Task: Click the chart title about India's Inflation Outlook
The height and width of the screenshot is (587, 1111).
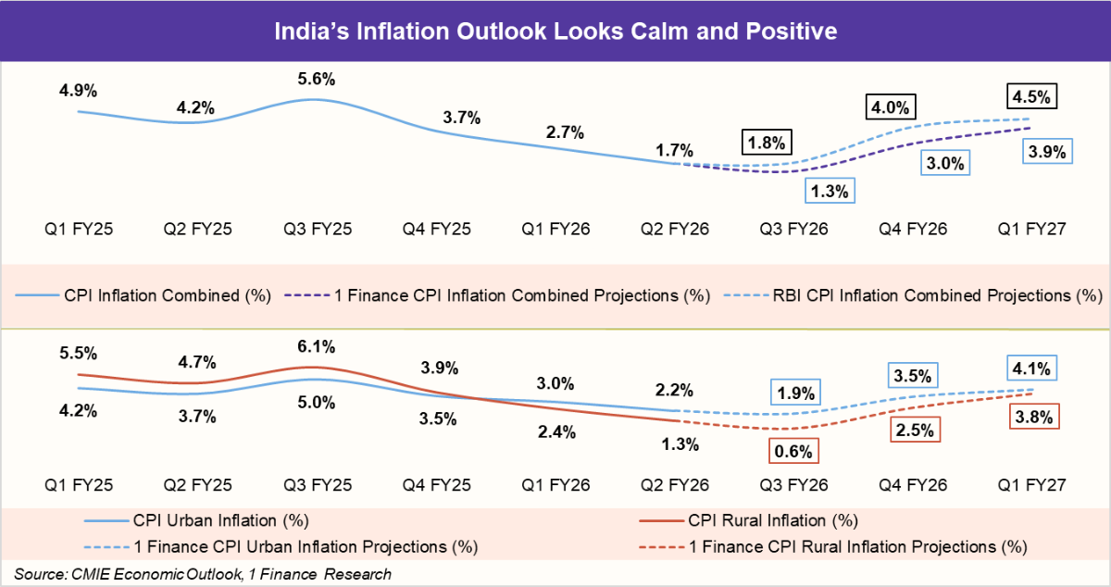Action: [x=555, y=32]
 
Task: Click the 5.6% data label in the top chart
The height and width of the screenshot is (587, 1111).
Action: [x=317, y=79]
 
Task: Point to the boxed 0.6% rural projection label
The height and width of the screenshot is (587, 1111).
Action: [x=793, y=452]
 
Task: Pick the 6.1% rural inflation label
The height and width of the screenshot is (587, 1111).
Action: [x=317, y=347]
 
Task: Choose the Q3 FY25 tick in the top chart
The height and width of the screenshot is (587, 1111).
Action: [x=317, y=229]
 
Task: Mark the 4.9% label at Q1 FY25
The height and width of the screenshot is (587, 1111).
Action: [x=78, y=91]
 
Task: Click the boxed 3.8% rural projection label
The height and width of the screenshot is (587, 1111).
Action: [x=1032, y=418]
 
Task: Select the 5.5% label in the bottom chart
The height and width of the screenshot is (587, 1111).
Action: [x=78, y=354]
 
